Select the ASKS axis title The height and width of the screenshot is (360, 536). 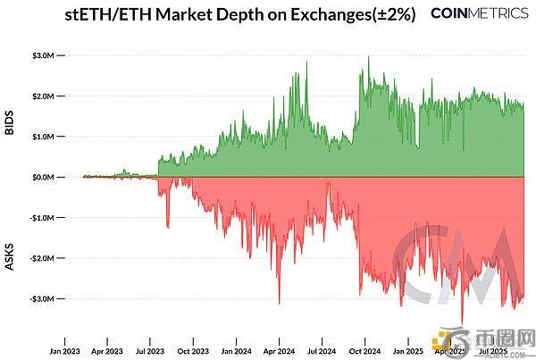(x=10, y=230)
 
